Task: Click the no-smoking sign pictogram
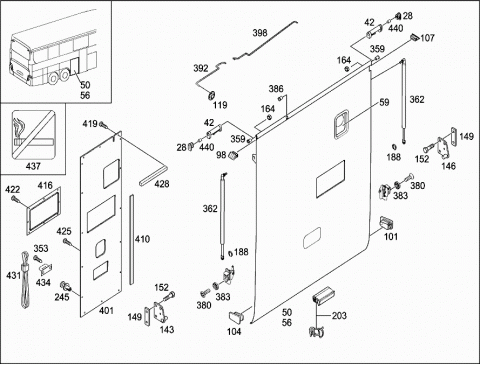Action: tap(33, 134)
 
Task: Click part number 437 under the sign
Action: tap(33, 166)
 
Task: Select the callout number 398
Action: tap(260, 33)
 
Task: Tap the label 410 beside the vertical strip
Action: tap(142, 239)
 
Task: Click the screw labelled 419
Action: tap(103, 126)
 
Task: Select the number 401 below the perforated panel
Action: tap(106, 311)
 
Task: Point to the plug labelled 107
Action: tap(414, 37)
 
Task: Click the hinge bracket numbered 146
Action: tap(443, 148)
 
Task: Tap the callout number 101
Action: tap(391, 236)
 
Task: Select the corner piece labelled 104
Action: tap(236, 316)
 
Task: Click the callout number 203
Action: tap(339, 315)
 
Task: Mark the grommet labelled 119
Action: tap(211, 96)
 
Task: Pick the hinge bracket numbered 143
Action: tap(160, 312)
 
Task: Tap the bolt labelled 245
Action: tap(65, 286)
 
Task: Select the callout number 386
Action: tap(276, 89)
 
